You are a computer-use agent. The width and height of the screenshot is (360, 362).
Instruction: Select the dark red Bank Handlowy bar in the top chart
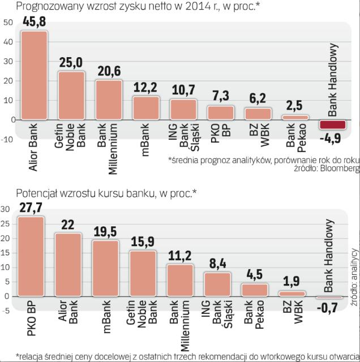[332, 125]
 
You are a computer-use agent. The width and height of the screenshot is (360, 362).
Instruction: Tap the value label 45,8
[34, 22]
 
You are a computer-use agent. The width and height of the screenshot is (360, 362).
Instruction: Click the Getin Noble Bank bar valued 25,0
[71, 96]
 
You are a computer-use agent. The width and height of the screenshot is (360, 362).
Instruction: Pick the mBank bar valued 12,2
[146, 108]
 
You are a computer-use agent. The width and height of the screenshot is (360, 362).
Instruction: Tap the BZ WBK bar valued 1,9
[292, 294]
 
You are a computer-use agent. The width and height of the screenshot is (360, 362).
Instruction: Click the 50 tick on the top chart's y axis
[8, 23]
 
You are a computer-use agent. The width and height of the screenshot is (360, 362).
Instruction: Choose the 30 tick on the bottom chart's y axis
[5, 209]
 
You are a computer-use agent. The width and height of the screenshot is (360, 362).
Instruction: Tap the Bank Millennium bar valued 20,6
[109, 100]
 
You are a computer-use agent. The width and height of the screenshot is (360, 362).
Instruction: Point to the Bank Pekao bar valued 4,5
[255, 290]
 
